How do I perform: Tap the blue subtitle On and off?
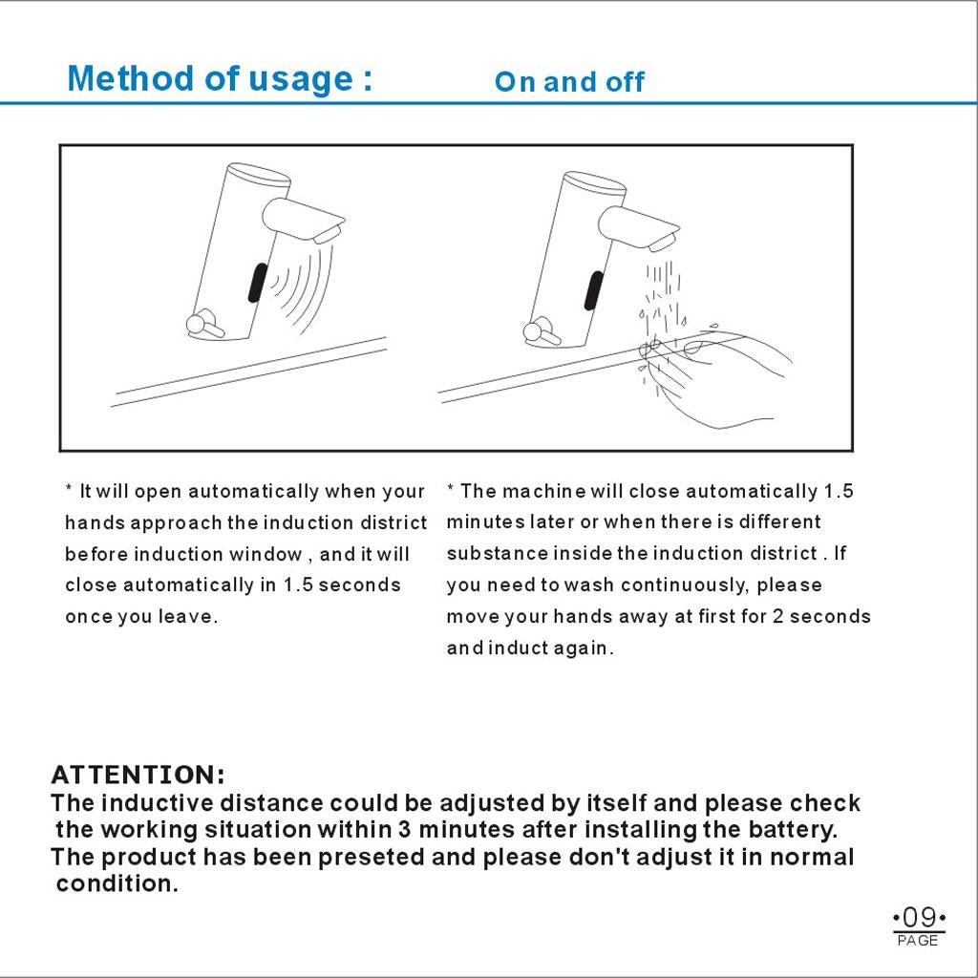tap(569, 82)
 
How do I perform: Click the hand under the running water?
tap(721, 377)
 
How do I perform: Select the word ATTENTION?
tap(138, 774)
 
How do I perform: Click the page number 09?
tap(919, 918)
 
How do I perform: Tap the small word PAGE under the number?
tap(919, 941)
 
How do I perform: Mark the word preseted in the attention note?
tap(372, 857)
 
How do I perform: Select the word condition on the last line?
tap(117, 883)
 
